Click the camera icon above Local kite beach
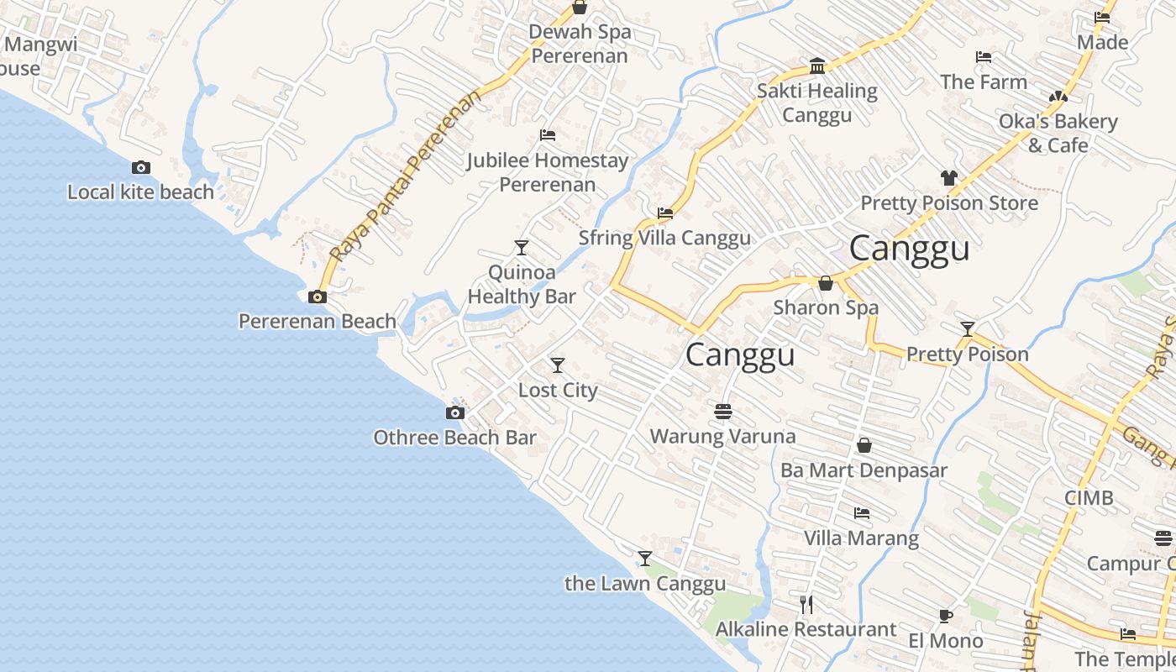point(141,167)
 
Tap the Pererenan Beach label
point(318,321)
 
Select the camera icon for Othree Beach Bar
point(454,412)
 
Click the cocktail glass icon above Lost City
point(558,365)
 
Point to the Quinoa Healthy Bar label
point(522,284)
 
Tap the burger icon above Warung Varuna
point(723,412)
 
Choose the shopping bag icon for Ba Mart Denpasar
point(864,445)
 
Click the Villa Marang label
point(861,538)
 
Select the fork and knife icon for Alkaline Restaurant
point(806,604)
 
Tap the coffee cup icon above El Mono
point(945,616)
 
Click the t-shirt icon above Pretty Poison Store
point(948,178)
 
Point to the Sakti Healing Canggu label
point(816,102)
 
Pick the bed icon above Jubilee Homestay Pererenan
point(548,134)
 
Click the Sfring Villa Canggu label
point(664,238)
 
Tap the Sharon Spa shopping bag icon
point(826,283)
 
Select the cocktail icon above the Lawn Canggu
point(645,559)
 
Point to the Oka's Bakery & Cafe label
point(1058,133)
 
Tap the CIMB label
point(1089,497)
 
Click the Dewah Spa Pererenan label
point(580,44)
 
